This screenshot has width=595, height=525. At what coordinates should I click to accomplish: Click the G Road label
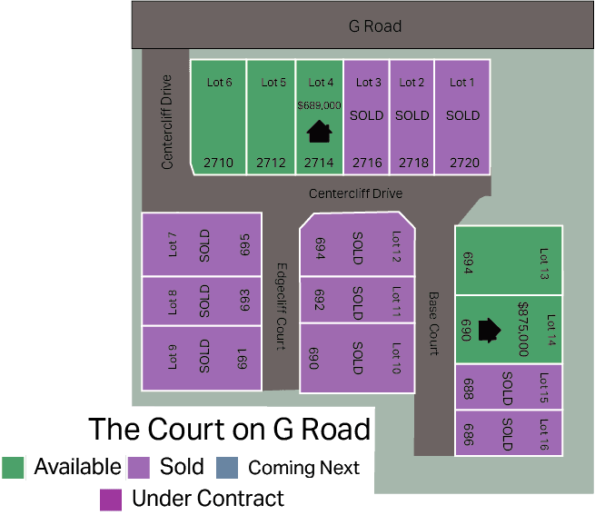coord(375,26)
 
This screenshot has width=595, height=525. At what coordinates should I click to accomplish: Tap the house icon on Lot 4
coord(319,131)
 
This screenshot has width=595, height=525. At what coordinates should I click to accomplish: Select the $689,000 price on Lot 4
coord(319,105)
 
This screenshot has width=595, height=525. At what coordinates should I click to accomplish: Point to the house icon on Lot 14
coord(489,330)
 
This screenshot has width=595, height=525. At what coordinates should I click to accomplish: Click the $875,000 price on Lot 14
coord(523,329)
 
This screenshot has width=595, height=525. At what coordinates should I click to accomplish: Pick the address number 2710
coord(218,163)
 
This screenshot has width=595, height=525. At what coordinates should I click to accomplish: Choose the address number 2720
coord(464,163)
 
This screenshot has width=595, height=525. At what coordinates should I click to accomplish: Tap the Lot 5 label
coord(273,83)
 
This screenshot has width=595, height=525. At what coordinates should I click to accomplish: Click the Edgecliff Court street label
coord(282,306)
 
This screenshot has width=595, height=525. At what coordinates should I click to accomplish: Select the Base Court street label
coord(433,323)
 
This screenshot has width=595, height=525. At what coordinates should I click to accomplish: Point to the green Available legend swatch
coord(13,468)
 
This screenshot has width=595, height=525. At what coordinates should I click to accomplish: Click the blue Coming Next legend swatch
coord(227,468)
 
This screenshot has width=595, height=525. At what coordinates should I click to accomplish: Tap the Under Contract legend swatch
coord(111,500)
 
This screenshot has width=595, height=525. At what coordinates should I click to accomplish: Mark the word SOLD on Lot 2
coord(412,115)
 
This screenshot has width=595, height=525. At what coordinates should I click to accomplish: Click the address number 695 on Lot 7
coord(244,244)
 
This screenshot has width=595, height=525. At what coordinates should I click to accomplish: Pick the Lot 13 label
coord(544,263)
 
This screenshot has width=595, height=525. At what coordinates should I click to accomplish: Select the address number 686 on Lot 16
coord(469,434)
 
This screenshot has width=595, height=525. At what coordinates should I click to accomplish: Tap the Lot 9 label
coord(172,357)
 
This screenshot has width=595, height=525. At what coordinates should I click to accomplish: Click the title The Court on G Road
coord(229,429)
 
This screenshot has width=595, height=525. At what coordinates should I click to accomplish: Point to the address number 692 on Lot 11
coord(320,300)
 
